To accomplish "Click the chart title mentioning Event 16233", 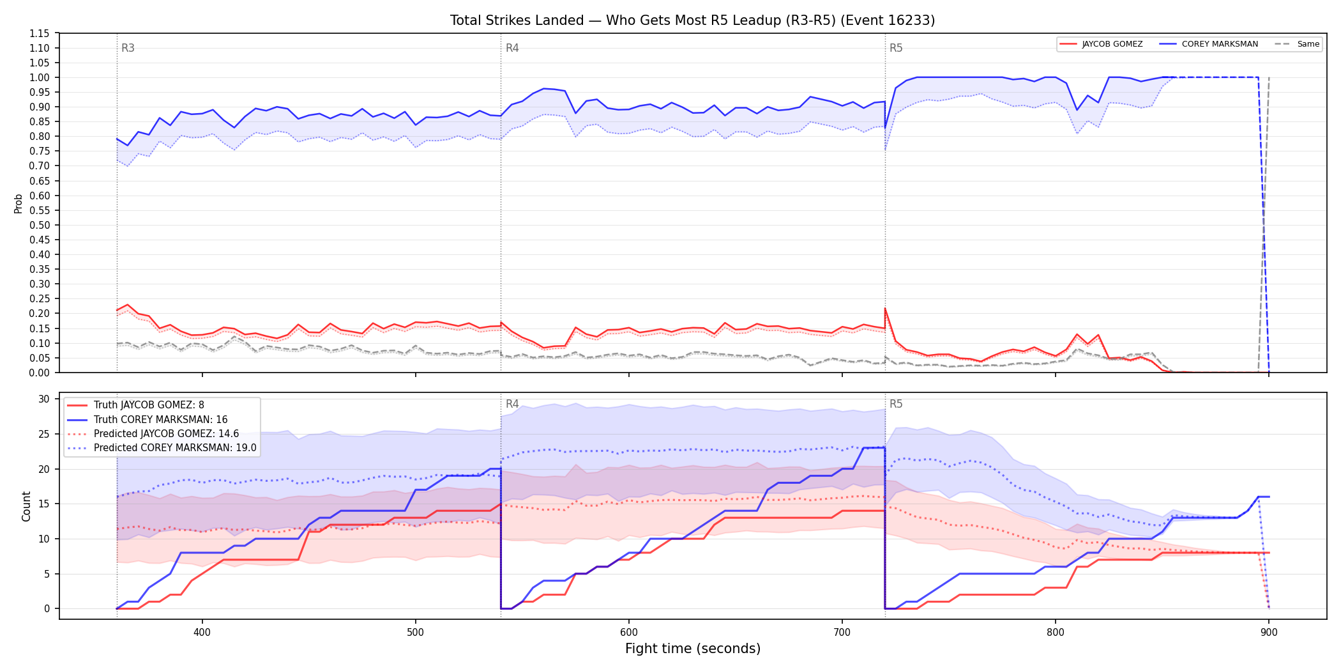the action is (692, 20).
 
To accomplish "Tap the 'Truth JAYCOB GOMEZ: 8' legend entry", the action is (149, 405).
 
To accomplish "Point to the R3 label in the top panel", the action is (128, 48).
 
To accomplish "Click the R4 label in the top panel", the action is (512, 48).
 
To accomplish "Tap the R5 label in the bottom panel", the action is (896, 404).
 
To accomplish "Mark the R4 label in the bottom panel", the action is (512, 404).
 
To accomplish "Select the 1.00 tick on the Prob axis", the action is (40, 77).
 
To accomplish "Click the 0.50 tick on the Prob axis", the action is (40, 225).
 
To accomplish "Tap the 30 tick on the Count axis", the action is (44, 399).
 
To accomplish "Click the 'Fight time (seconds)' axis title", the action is (693, 649).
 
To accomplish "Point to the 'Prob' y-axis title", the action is (19, 203).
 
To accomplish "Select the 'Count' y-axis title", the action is (26, 506).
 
